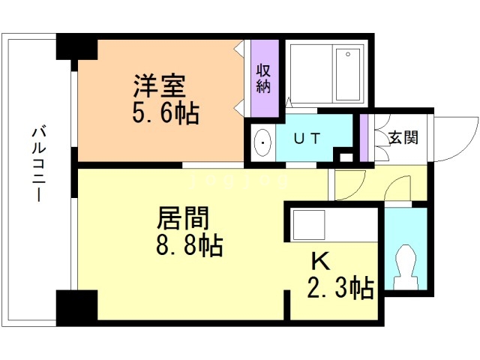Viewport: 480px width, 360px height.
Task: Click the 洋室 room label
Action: point(159,85)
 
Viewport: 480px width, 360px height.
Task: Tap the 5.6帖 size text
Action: point(166,112)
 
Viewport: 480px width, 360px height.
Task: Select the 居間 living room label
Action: point(183,217)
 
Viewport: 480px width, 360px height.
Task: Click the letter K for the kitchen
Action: point(320,261)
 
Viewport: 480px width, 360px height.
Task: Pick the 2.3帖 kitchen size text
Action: point(340,287)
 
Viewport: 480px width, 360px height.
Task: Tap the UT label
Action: point(307,138)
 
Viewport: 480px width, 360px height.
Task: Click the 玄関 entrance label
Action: point(403,137)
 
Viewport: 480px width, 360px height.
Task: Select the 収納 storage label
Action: point(263,78)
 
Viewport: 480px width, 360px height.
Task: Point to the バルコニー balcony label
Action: point(39,165)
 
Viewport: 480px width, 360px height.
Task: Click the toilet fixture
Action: point(406,267)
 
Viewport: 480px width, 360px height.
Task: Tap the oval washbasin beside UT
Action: point(263,142)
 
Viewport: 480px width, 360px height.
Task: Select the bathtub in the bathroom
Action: point(348,74)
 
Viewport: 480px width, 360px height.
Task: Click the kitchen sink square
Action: point(309,225)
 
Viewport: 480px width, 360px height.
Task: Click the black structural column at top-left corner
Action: point(76,46)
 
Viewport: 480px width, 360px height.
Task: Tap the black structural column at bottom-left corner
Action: point(76,307)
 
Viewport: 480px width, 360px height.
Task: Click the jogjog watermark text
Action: point(239,180)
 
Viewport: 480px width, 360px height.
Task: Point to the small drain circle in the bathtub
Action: point(348,54)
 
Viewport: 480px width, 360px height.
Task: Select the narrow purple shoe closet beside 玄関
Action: point(363,138)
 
